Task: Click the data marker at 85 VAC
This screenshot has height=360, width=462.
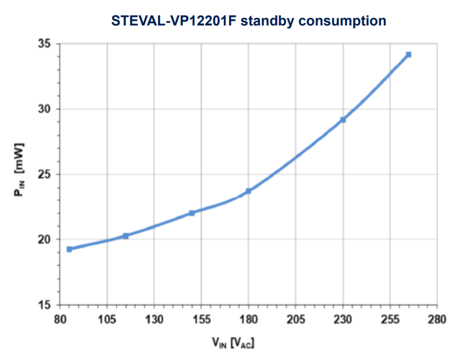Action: coord(69,249)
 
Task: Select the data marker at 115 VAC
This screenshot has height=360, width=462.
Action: coord(126,236)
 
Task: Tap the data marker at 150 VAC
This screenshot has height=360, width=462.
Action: coord(192,213)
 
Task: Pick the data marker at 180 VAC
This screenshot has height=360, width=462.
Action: coord(248,191)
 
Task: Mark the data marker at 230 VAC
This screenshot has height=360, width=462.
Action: coord(343,120)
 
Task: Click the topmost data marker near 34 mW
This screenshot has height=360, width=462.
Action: coord(409,55)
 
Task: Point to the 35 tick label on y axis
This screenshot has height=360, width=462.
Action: coord(46,44)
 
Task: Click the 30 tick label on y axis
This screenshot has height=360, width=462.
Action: coord(46,109)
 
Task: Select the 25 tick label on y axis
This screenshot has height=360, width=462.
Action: coord(46,174)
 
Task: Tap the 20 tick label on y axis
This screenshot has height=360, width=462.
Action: coord(46,240)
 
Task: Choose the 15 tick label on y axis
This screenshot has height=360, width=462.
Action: coord(46,305)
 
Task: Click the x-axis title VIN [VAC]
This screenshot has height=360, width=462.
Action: coord(233,343)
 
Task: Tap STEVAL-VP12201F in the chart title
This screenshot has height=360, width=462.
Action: coord(174,21)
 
